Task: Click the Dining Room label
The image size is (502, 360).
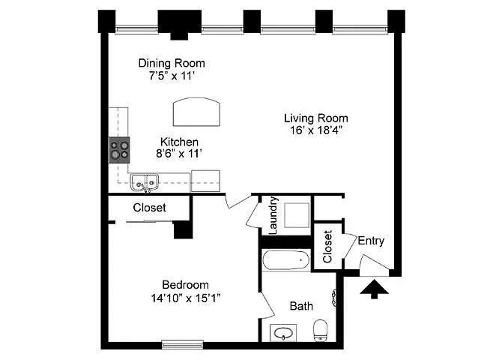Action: (172, 63)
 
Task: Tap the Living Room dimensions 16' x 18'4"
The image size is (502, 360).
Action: (316, 130)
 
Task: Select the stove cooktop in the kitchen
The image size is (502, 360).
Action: (120, 150)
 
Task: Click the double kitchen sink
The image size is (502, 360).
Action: (145, 183)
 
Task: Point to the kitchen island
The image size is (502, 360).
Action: (196, 112)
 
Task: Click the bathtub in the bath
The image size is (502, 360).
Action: (286, 260)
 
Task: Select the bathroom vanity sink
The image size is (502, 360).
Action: (283, 333)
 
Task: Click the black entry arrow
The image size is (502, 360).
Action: (374, 289)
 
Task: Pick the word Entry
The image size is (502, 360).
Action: (371, 241)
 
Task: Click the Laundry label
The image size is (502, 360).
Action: (273, 215)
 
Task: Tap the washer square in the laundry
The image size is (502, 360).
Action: (297, 215)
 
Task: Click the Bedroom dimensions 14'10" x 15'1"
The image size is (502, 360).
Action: (186, 298)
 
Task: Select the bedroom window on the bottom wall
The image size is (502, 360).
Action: (183, 344)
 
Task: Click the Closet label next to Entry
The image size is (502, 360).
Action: (327, 247)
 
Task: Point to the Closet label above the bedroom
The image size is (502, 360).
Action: (150, 208)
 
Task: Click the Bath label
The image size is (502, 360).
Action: (301, 306)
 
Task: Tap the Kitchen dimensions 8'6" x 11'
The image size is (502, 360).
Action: (179, 154)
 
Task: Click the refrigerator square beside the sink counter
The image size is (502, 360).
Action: (205, 181)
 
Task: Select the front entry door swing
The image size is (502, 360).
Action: (375, 265)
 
